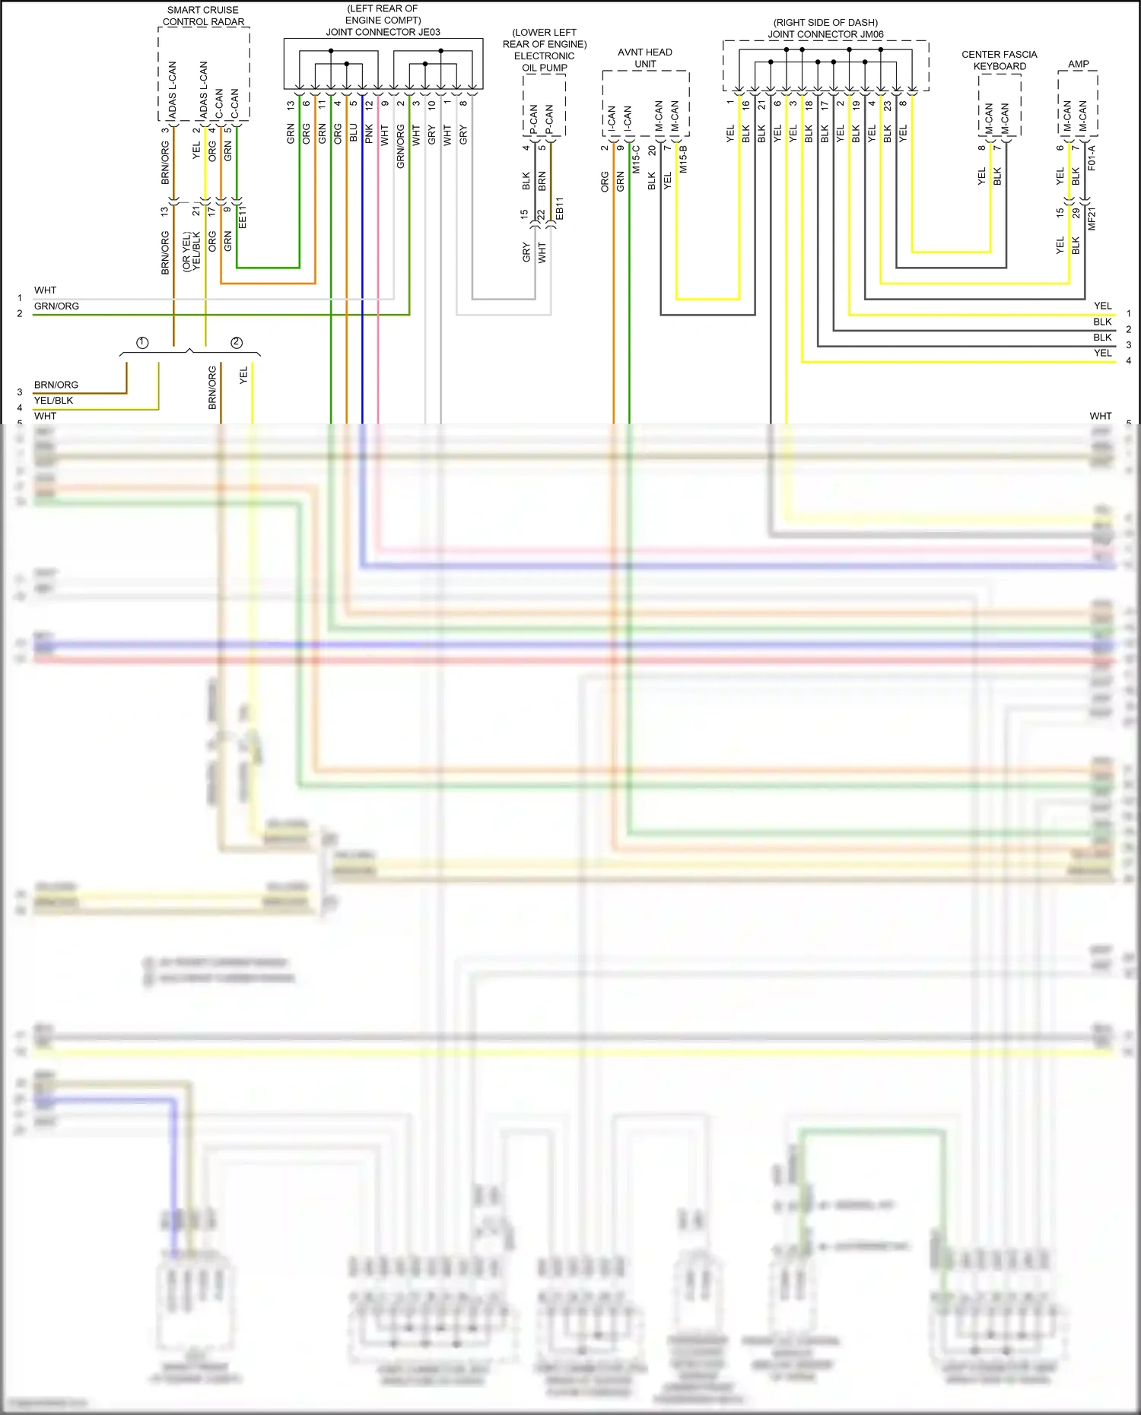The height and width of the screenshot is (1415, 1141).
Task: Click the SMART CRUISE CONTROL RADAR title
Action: (203, 16)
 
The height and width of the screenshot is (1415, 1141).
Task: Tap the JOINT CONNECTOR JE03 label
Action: (383, 32)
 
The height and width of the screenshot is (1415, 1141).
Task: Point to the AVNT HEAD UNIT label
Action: (645, 58)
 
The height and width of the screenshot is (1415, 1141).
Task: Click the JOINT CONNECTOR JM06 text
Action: (825, 34)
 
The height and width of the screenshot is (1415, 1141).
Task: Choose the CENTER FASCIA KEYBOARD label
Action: (1000, 60)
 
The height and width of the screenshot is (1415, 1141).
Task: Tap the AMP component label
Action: (1078, 64)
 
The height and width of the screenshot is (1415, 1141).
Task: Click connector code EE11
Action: (243, 217)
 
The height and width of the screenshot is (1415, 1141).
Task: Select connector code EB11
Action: (560, 209)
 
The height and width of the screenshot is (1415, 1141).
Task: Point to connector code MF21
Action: (1092, 219)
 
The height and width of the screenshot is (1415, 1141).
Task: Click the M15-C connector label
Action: (637, 160)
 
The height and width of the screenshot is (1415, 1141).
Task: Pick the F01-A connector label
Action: (1092, 157)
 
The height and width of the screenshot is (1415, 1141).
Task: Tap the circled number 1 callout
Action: (142, 343)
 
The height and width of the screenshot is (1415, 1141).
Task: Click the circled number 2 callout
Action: (237, 343)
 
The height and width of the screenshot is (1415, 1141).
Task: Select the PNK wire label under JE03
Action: (369, 134)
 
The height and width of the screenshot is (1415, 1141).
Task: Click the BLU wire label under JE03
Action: (354, 133)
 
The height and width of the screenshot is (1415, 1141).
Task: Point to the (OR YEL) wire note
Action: (186, 252)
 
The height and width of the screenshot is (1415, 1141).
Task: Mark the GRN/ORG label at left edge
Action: (56, 306)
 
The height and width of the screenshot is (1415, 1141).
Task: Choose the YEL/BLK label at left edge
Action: (53, 401)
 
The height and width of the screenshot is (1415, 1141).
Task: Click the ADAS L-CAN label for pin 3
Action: (172, 91)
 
